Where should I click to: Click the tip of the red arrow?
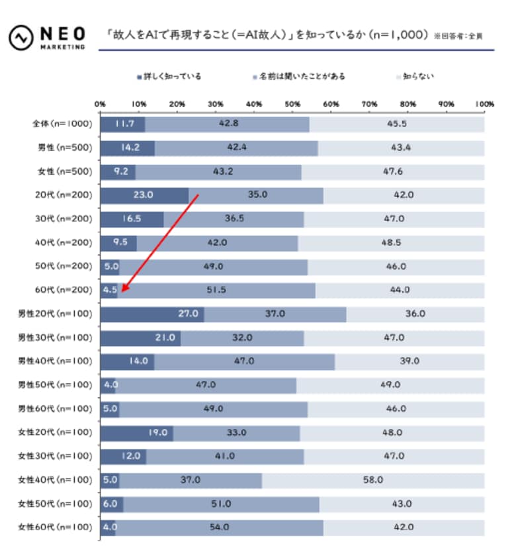tap(122, 291)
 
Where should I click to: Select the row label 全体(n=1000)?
tap(58, 124)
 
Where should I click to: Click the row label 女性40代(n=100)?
tap(56, 479)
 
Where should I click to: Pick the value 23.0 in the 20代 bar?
tap(143, 195)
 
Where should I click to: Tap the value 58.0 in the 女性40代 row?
tap(374, 479)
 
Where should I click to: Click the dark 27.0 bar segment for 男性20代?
tap(151, 314)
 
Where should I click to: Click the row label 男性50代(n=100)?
tap(56, 385)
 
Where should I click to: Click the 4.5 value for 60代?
tap(109, 290)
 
